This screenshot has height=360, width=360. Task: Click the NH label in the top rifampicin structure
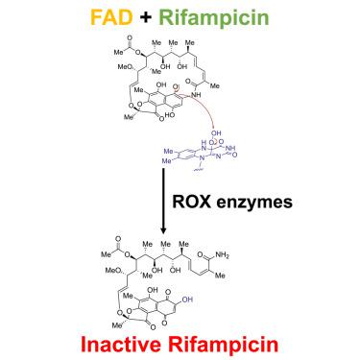point(197,95)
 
